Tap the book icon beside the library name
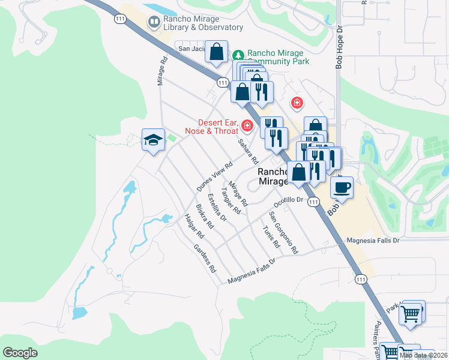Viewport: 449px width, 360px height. [x=154, y=23]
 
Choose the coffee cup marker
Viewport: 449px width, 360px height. [x=342, y=187]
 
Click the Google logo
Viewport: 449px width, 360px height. [x=20, y=353]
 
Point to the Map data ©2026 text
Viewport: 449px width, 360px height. [x=423, y=355]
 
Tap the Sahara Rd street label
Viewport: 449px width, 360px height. [x=248, y=152]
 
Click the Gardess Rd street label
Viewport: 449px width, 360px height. [x=205, y=259]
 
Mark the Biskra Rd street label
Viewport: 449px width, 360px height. [x=205, y=220]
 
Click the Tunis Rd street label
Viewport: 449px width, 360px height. [x=271, y=236]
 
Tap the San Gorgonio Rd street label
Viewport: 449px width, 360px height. [x=283, y=233]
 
